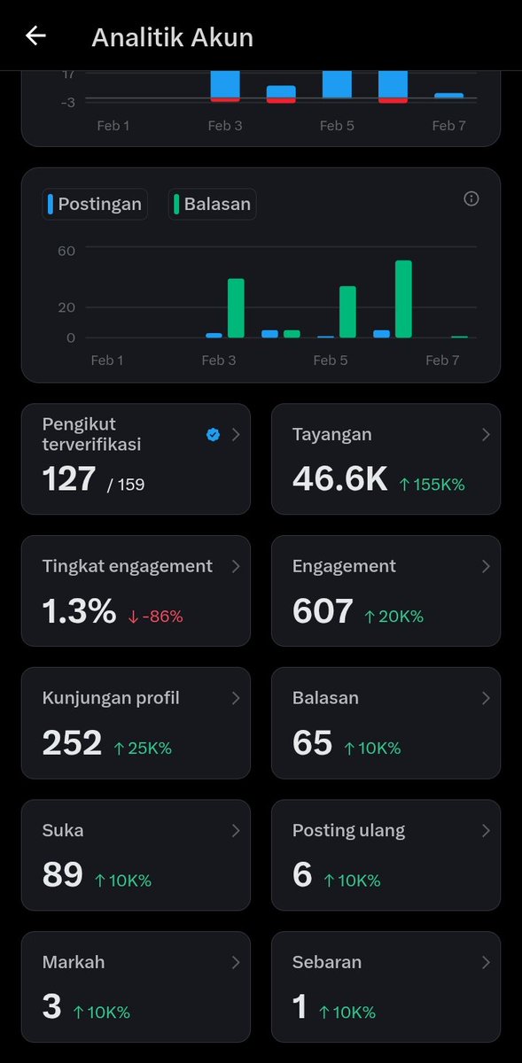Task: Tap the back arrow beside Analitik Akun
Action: [35, 36]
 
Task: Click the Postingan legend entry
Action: [95, 204]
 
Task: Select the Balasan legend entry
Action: [213, 204]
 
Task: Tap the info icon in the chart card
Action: [471, 198]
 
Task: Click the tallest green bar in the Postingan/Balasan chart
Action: [404, 299]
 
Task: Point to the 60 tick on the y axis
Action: [66, 250]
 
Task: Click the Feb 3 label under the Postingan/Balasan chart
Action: [219, 360]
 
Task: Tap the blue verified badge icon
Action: [213, 434]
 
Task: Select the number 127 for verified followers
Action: [69, 479]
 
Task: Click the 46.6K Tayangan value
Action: [339, 479]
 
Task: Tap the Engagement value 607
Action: [323, 611]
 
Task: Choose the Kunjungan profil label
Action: [111, 698]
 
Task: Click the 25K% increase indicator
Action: [143, 748]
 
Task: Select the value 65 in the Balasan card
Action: [312, 743]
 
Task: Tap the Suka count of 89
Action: [62, 875]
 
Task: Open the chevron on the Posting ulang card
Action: [486, 830]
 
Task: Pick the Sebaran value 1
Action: [300, 1007]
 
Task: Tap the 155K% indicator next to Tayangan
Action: [432, 485]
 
